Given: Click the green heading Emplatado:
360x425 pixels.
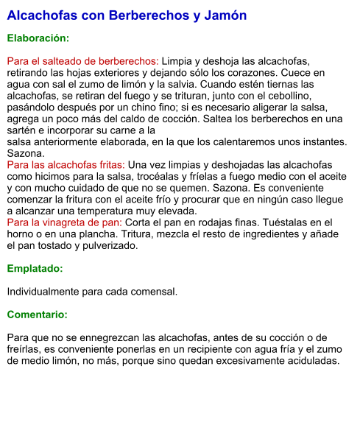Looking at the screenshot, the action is (x=35, y=269).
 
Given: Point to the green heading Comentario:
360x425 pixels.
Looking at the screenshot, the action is (x=37, y=315).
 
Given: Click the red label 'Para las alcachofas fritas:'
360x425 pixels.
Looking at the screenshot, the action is (x=66, y=165).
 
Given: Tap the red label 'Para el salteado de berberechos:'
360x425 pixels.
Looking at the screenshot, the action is (x=82, y=61).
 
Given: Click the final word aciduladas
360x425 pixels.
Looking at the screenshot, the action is (x=309, y=361).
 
